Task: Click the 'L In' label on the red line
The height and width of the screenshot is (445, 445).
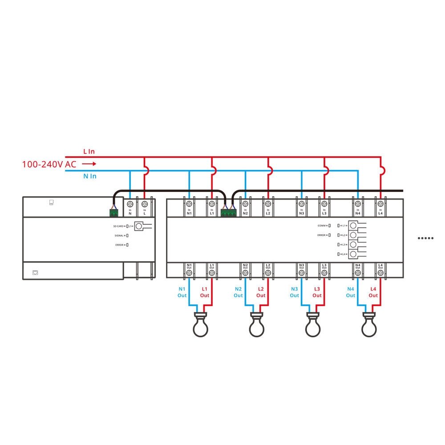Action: (89, 152)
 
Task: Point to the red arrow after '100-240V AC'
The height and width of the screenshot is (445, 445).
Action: (89, 164)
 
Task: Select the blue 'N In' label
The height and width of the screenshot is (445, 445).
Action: (90, 176)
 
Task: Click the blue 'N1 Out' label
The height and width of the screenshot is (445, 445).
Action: (182, 292)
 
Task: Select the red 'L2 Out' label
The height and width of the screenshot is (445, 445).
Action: (261, 292)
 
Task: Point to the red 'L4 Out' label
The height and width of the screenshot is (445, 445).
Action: (373, 292)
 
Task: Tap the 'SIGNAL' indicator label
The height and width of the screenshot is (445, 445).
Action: (119, 236)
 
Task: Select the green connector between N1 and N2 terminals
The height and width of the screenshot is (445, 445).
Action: (228, 213)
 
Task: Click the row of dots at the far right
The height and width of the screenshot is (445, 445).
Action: (425, 238)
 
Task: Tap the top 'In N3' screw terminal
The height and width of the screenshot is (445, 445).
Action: (301, 204)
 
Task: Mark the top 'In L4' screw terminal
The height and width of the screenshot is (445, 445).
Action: (380, 204)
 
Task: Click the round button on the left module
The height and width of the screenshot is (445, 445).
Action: (139, 227)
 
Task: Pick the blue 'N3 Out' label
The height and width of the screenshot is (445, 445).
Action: (295, 292)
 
